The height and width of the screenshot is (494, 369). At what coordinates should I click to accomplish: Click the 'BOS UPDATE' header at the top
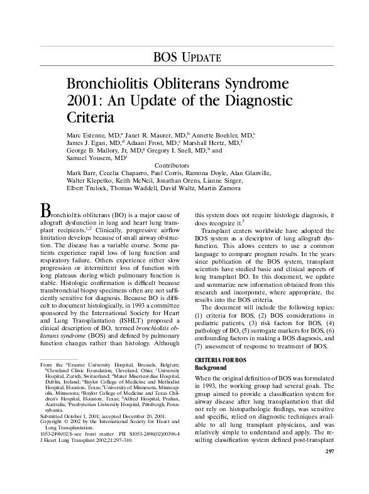pyautogui.click(x=187, y=58)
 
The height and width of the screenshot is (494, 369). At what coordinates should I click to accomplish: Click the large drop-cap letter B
pyautogui.click(x=45, y=209)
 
